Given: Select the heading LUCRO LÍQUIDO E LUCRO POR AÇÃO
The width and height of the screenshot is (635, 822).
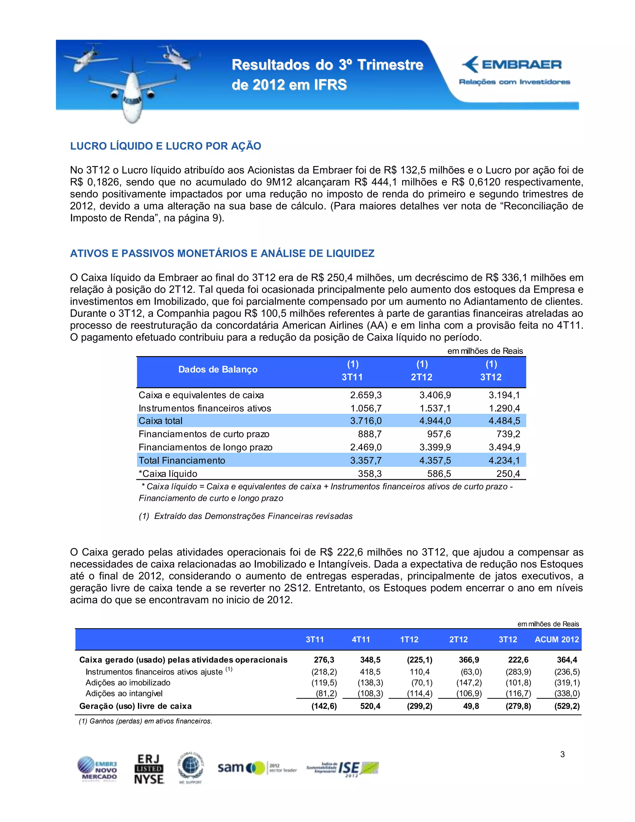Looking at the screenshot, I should click(x=166, y=146).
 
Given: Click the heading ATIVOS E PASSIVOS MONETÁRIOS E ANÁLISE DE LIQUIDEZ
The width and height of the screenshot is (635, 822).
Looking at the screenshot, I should click(x=222, y=253).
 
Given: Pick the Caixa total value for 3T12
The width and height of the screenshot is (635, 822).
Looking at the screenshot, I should click(x=504, y=421).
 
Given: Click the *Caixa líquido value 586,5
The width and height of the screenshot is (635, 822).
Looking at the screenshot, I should click(x=439, y=473).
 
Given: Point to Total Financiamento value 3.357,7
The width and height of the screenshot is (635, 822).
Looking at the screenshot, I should click(x=366, y=460).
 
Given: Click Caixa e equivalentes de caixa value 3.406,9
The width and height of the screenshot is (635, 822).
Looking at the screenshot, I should click(x=435, y=395).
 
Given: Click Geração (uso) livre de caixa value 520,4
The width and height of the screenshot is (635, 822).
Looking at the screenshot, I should click(x=370, y=706).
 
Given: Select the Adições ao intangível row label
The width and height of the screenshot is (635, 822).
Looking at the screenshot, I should click(x=124, y=693).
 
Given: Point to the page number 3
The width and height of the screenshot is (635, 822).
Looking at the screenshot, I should click(x=562, y=754).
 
